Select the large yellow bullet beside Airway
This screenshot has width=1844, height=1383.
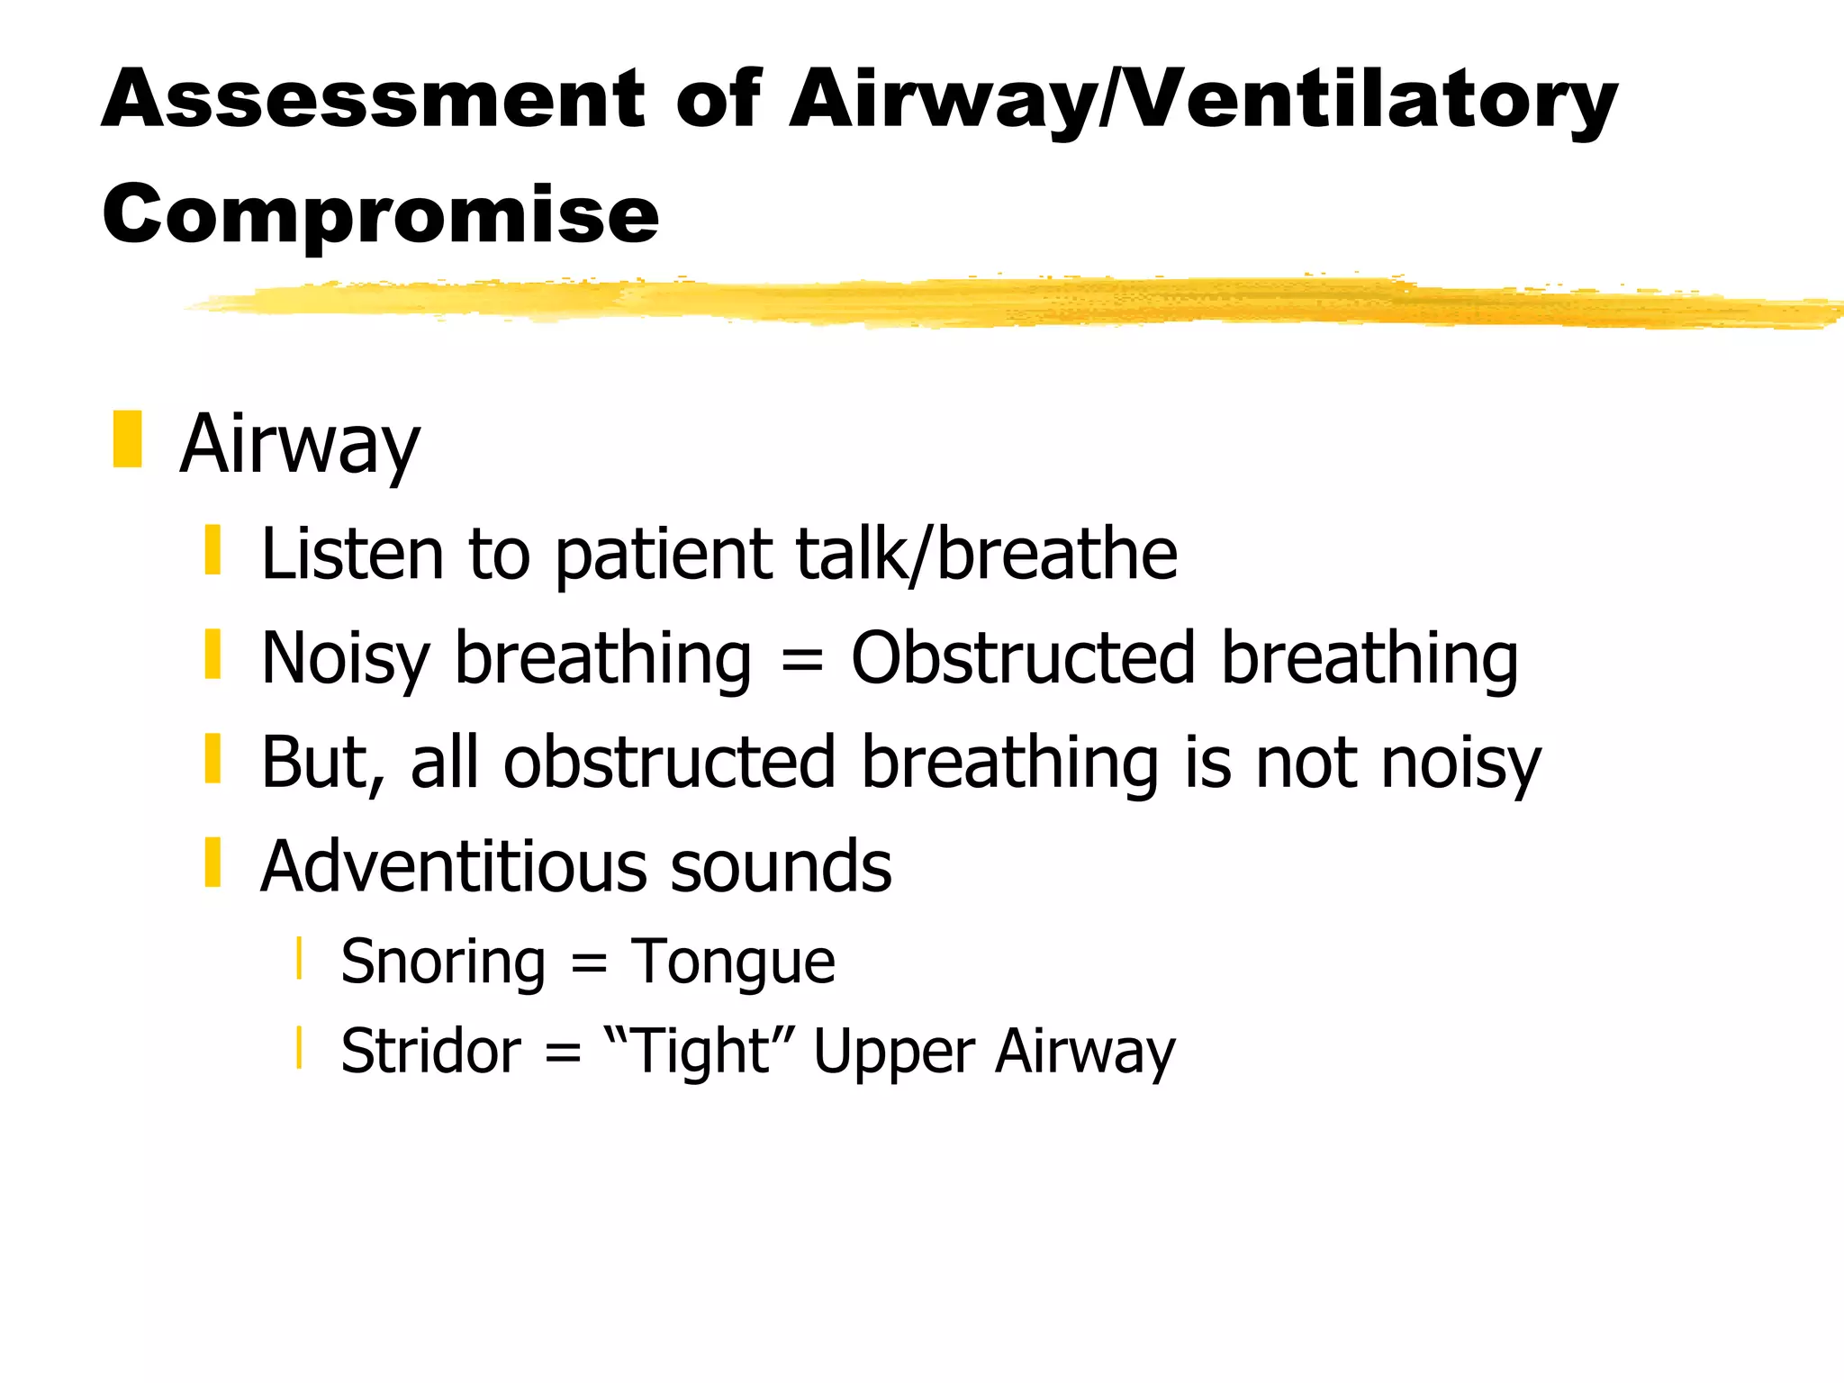127,439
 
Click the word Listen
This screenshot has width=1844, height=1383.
352,553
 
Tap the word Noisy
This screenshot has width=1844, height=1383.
346,658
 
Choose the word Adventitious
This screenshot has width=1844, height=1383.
453,866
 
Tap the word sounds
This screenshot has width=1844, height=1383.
781,866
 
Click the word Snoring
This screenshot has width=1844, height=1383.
443,963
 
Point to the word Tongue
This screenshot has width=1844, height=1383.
733,963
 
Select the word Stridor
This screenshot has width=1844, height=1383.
430,1051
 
